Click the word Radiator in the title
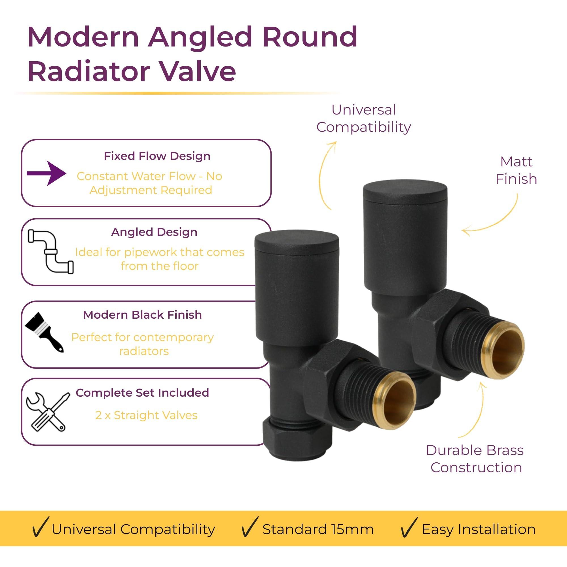coord(89,71)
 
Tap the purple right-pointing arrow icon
coord(46,173)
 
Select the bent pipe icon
coord(50,252)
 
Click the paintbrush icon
coord(44,332)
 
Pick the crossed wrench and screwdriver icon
coord(48,412)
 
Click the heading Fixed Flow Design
coord(157,156)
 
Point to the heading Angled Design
coord(154,232)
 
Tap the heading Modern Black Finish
coord(142,315)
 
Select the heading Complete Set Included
coord(142,393)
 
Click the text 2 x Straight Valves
coord(146,415)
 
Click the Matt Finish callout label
coord(516,170)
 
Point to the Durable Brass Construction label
coord(475,459)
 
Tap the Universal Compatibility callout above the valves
coord(364,119)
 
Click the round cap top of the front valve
coord(297,242)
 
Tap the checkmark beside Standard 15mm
coord(249,527)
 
